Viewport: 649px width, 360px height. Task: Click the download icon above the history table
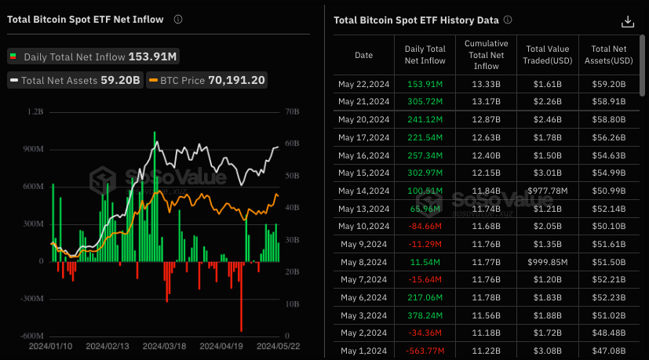[x=626, y=21]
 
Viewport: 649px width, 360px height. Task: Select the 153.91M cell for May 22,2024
[x=425, y=84]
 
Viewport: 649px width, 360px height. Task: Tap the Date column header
[x=363, y=55]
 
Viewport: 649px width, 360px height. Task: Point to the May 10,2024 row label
[x=363, y=227]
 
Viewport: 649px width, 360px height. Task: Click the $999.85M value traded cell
[x=548, y=262]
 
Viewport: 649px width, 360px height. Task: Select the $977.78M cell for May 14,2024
[x=548, y=191]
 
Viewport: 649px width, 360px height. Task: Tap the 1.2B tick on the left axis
[x=36, y=112]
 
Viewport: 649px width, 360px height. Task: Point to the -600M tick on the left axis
[x=32, y=336]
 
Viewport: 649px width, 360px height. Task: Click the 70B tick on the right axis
[x=292, y=112]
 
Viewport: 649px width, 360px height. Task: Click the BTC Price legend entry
[x=206, y=80]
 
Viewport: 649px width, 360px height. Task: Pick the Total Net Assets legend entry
[x=75, y=80]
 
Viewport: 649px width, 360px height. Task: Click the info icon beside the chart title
[x=178, y=19]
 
